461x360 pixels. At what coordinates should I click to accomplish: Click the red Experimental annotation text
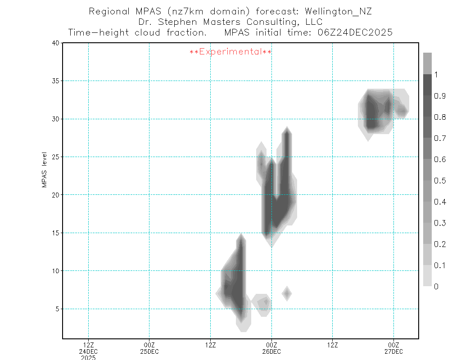point(230,52)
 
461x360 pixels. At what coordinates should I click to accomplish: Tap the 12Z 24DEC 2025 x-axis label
point(88,351)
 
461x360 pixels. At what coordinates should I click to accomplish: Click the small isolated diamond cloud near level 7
point(287,294)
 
